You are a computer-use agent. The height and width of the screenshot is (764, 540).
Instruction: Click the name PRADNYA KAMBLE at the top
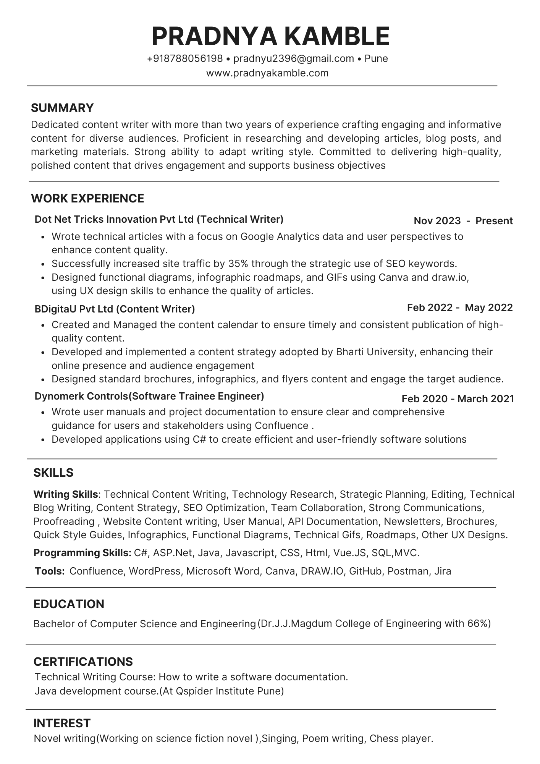click(270, 36)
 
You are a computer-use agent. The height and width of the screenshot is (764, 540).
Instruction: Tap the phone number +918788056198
click(185, 59)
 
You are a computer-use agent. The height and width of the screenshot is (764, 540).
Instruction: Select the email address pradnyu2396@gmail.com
click(293, 59)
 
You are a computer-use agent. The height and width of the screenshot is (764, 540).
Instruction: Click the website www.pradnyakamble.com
click(267, 73)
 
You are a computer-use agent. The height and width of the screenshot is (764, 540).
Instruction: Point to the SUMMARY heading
click(62, 108)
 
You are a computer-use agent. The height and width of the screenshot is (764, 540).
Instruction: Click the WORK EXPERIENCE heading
click(87, 199)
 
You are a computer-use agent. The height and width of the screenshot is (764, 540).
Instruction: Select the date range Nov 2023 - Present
click(463, 221)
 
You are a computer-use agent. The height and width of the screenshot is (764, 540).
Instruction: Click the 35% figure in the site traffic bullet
click(236, 264)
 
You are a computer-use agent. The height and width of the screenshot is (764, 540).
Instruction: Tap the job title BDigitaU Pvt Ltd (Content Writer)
click(115, 309)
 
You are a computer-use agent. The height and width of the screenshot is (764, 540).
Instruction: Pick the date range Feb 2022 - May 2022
click(460, 308)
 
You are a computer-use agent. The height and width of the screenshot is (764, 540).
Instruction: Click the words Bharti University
click(375, 352)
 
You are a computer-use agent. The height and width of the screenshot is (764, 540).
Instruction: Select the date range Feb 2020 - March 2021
click(458, 399)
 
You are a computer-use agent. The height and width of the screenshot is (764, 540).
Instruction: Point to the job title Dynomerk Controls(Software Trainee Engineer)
click(149, 396)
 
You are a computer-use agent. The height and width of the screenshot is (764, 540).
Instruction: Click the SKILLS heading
click(53, 473)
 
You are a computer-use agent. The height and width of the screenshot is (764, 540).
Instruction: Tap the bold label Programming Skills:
click(82, 553)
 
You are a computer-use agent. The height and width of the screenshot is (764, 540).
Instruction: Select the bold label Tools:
click(50, 571)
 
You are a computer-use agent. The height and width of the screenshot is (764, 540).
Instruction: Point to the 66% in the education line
click(478, 624)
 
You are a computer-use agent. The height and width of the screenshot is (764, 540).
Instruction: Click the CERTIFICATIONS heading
click(83, 662)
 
